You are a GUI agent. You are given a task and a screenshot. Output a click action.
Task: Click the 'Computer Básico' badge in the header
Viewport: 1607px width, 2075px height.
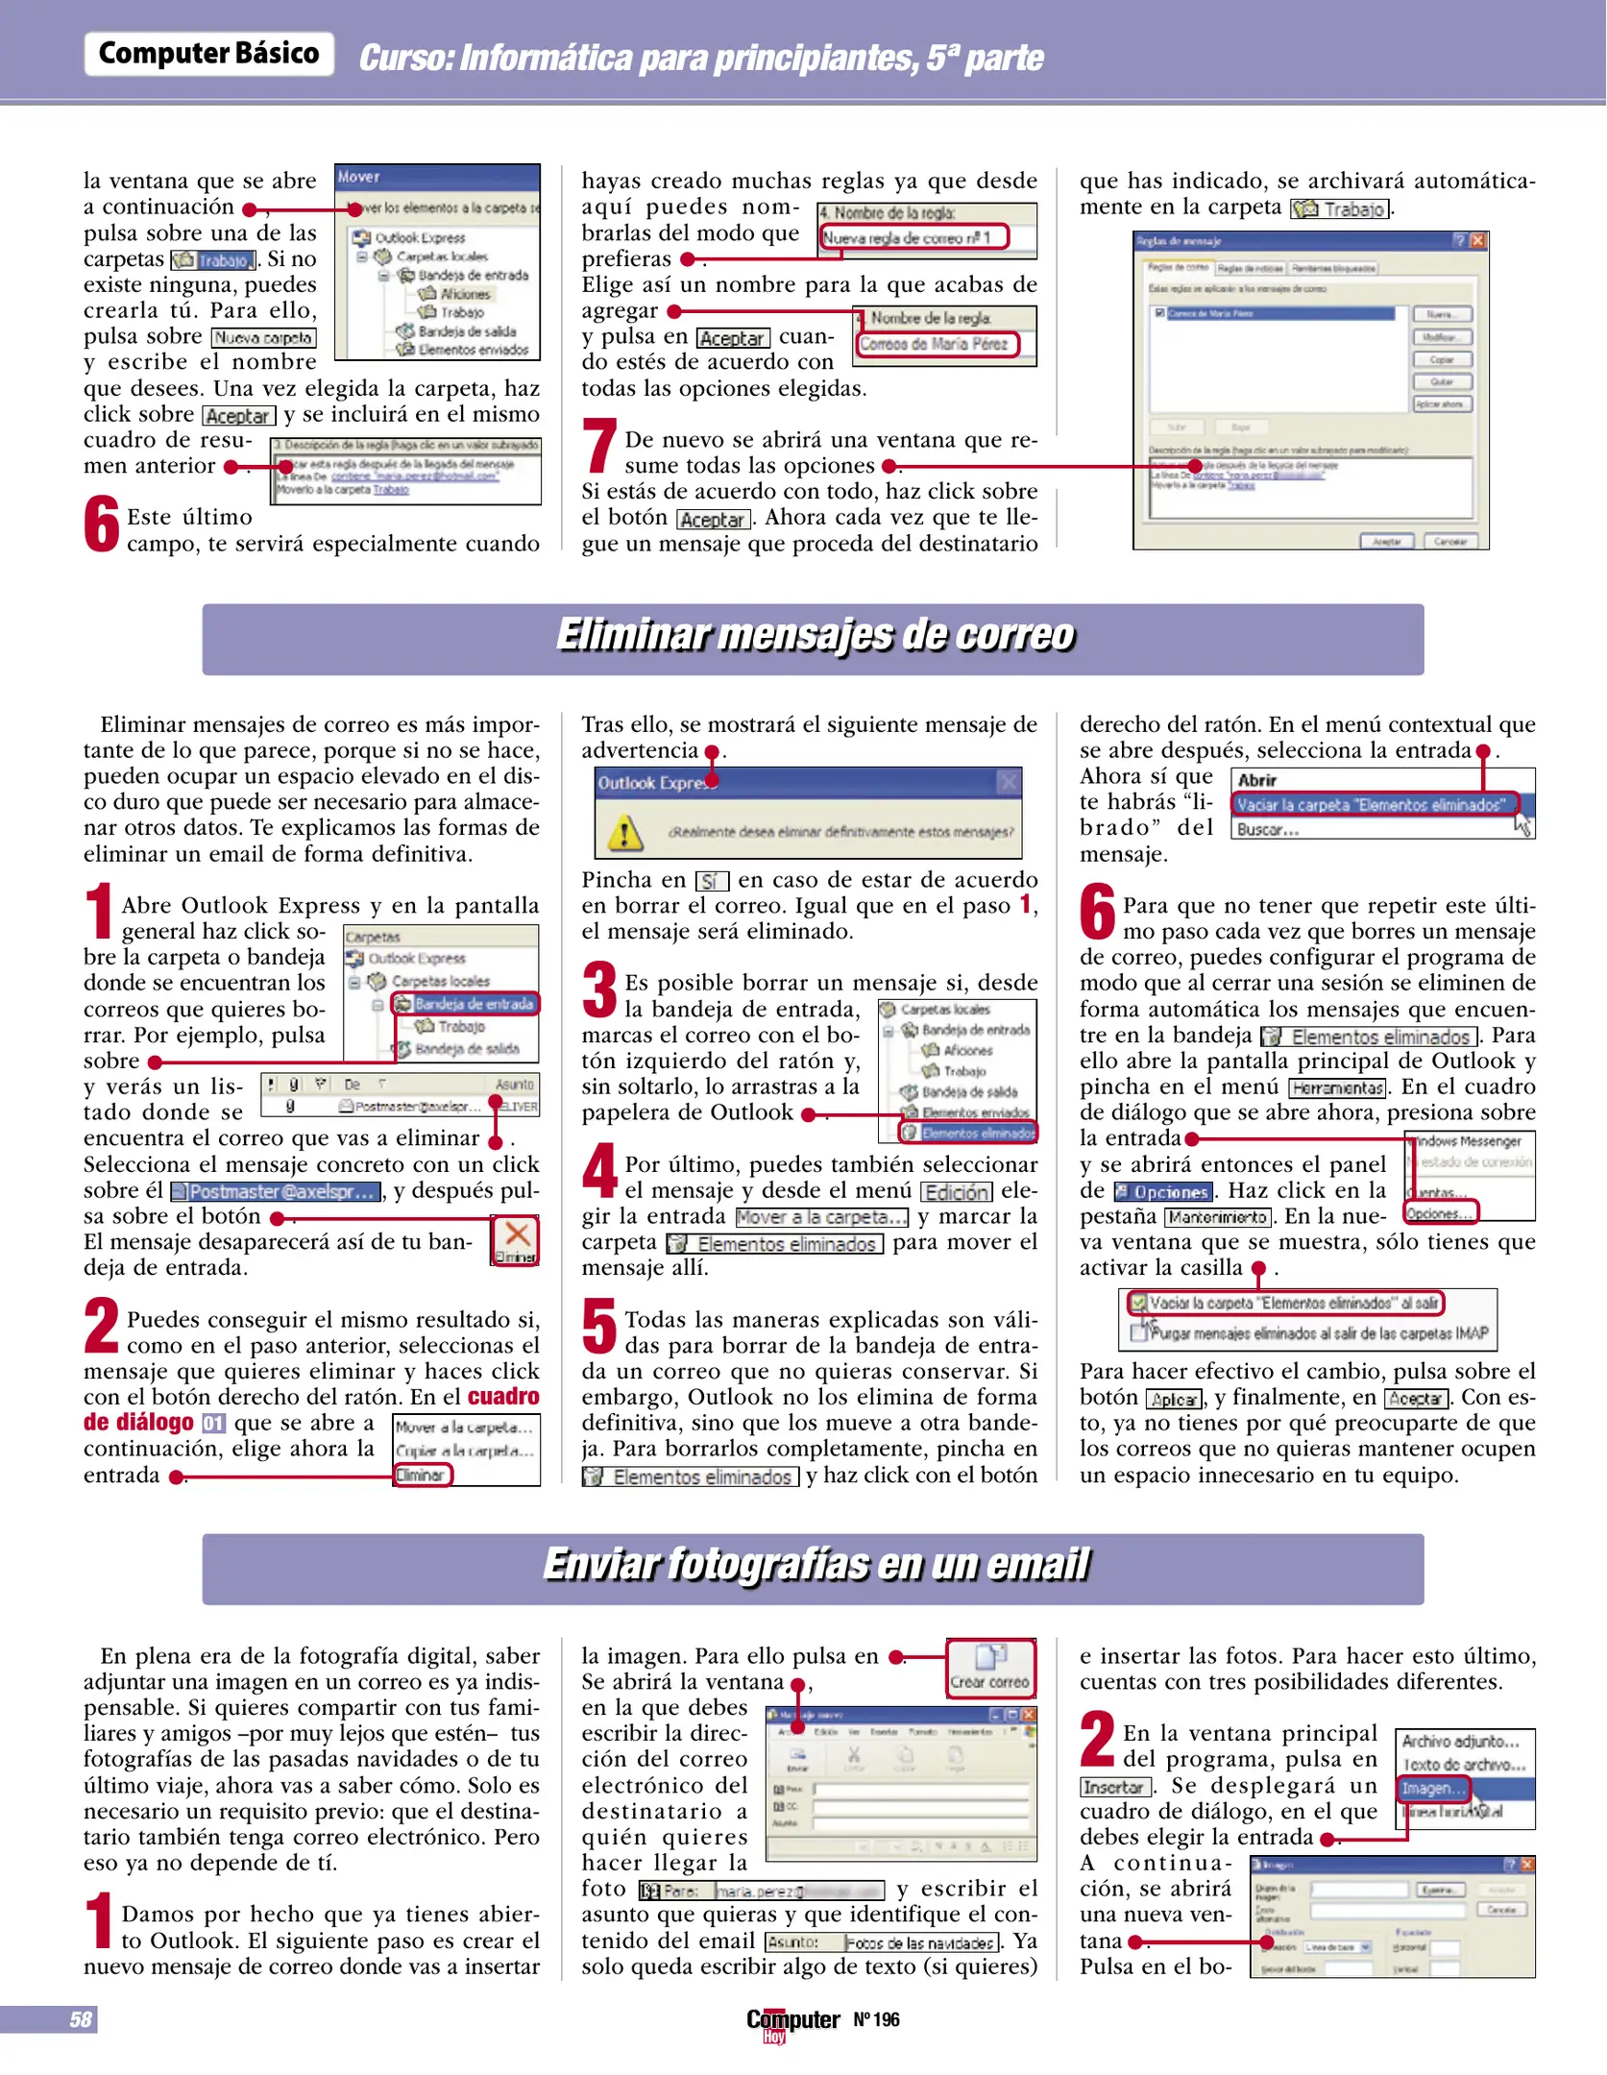(x=208, y=54)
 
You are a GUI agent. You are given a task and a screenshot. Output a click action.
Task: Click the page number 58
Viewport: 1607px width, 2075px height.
(x=81, y=2019)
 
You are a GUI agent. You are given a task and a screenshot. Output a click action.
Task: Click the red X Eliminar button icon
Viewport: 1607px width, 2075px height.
(x=516, y=1237)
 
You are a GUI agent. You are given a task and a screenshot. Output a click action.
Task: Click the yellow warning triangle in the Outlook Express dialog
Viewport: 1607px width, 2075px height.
(x=625, y=832)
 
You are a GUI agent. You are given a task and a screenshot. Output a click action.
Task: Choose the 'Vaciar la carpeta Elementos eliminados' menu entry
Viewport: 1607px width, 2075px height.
(x=1375, y=805)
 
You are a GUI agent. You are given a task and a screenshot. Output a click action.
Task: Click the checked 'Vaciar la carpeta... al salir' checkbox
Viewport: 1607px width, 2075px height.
(x=1138, y=1304)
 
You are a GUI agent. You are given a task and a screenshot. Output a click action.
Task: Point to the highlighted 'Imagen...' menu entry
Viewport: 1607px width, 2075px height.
(x=1433, y=1789)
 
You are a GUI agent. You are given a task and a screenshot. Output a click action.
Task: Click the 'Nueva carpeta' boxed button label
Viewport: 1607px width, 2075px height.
(x=264, y=338)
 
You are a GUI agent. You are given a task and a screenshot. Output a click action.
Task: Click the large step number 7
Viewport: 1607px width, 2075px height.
(x=599, y=447)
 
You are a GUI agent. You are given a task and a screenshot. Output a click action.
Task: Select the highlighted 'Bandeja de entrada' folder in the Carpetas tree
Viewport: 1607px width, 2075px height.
(x=473, y=1004)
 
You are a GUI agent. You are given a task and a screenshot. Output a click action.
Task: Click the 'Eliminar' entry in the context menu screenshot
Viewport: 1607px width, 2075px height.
(x=421, y=1475)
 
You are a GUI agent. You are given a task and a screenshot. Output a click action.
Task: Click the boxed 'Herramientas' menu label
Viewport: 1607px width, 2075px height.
(x=1337, y=1088)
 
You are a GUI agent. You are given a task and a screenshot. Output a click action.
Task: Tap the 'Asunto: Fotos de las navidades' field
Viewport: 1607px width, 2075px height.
(x=883, y=1942)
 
